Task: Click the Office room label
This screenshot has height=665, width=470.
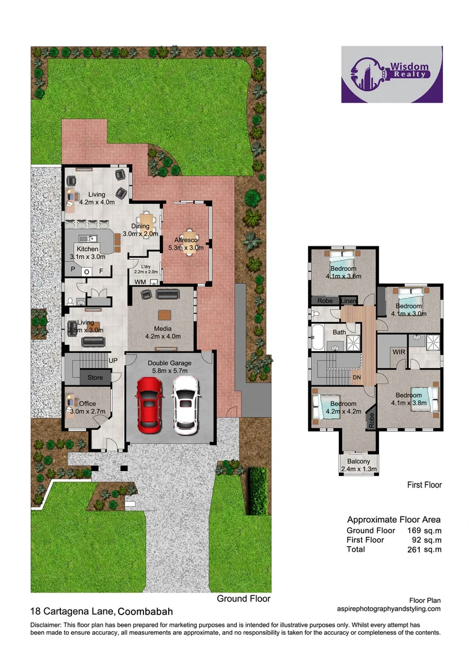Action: click(83, 404)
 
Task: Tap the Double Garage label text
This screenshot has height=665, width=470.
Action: click(169, 363)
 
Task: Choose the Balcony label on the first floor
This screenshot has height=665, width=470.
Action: click(359, 461)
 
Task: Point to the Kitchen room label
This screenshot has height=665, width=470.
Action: click(87, 249)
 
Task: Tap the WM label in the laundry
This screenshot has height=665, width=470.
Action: click(140, 281)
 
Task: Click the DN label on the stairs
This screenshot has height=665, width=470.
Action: click(356, 377)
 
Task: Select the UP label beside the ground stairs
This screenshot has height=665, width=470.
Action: click(113, 360)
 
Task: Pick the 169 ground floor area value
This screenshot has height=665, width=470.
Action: click(418, 530)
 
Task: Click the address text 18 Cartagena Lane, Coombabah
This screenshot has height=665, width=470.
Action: click(102, 612)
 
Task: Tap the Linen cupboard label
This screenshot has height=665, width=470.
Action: click(348, 301)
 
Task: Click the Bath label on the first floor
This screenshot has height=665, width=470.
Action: click(339, 332)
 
